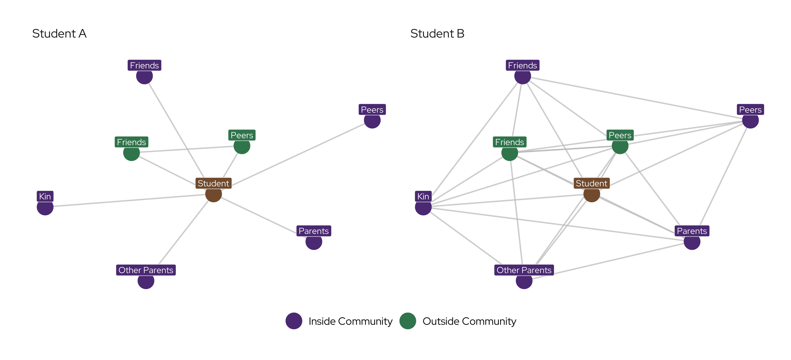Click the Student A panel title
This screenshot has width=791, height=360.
pos(59,33)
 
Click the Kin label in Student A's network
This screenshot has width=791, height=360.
pos(45,196)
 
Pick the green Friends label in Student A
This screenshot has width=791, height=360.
pos(131,142)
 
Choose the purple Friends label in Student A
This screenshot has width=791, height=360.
pos(144,65)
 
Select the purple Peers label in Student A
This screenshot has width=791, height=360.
pos(372,110)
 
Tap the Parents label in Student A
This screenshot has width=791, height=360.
pos(314,231)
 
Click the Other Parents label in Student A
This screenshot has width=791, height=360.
pos(146,270)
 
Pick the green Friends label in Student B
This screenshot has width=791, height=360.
pos(509,142)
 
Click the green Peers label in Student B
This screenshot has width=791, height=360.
pos(620,135)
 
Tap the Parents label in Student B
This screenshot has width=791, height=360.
pos(692,231)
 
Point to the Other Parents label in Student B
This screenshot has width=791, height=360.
pos(524,270)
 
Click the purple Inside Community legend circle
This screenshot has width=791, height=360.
pos(294,321)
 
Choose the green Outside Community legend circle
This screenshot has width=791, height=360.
pos(408,321)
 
